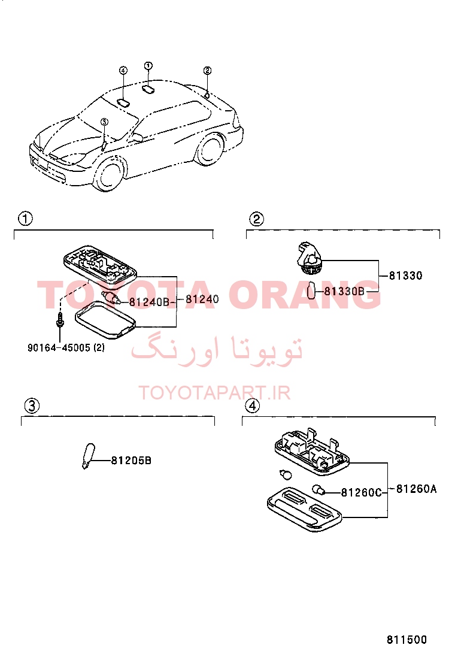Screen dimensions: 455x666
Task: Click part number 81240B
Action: pos(149,302)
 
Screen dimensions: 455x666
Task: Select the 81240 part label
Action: pos(202,299)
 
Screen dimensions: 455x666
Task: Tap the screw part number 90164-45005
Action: pos(59,348)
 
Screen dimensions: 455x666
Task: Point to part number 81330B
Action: pos(344,291)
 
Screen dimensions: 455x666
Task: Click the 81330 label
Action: pos(406,276)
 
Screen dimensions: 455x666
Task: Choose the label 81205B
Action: pos(131,461)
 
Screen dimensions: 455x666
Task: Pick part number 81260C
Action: pos(361,492)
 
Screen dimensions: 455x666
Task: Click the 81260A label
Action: pos(416,489)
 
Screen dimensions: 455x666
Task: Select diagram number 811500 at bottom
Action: pos(407,640)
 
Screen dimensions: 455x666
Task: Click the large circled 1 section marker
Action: pos(25,219)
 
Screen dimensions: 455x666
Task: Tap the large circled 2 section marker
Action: pos(256,219)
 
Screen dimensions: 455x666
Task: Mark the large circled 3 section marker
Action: pos(32,405)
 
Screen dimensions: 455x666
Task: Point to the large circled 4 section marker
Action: pos(253,405)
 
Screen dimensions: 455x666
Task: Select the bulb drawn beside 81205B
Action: pos(88,456)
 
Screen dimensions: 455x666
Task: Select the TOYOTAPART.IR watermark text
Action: pos(215,393)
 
